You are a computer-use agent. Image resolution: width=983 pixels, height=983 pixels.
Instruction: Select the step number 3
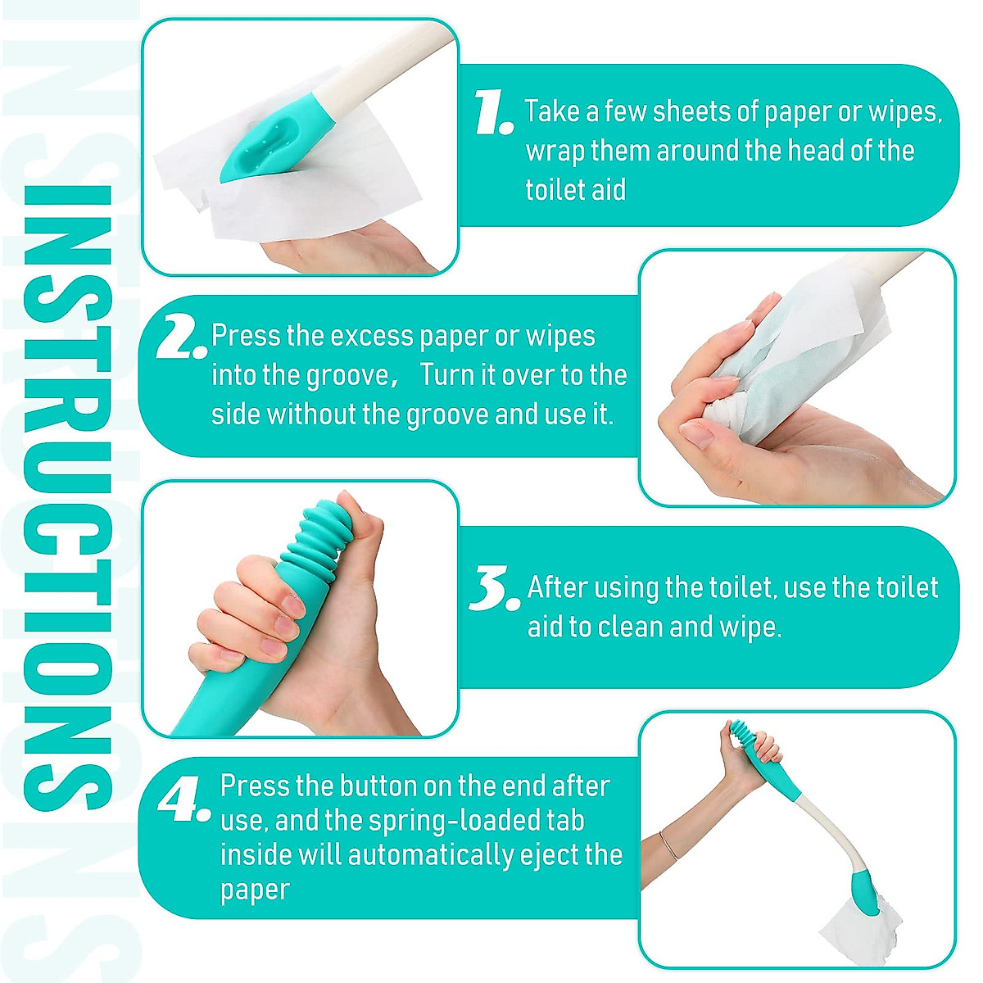coord(494,589)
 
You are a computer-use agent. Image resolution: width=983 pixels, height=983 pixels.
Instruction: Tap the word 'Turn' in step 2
coord(448,375)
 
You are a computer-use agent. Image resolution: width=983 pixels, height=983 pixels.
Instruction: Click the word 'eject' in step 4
coord(554,855)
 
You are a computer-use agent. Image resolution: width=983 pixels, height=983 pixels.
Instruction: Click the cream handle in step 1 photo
coord(377,61)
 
